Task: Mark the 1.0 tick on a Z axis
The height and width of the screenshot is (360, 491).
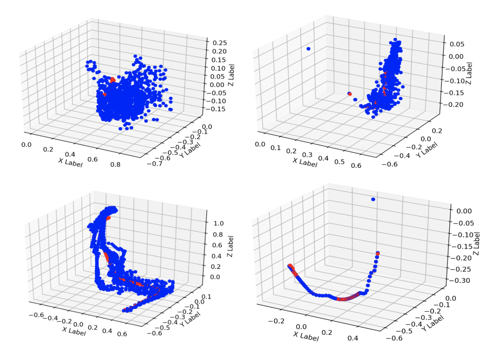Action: tap(217, 223)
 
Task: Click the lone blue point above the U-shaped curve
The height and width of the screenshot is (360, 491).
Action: tap(373, 200)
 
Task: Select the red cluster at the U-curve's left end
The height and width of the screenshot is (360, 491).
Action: tap(292, 268)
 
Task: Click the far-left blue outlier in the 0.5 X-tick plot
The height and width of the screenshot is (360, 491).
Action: tap(308, 49)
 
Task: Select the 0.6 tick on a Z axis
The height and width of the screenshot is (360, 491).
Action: tap(217, 245)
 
